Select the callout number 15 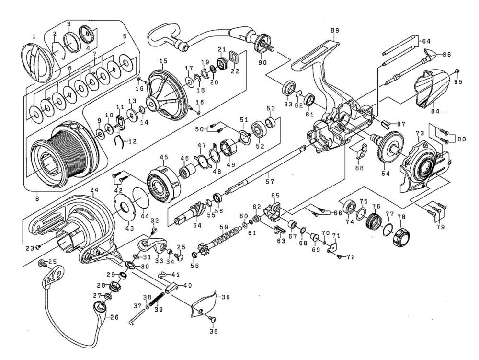coord(163,61)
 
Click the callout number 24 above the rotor coord(93,191)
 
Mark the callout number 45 coord(164,156)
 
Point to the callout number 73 coord(420,132)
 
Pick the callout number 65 coord(275,196)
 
